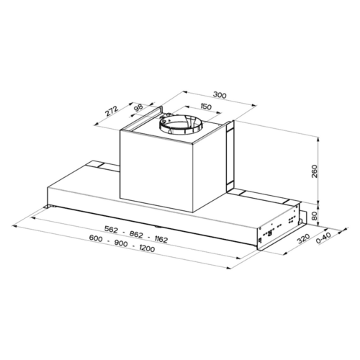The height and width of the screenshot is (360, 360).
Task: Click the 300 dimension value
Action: [220, 95]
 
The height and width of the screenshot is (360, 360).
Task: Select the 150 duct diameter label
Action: [205, 107]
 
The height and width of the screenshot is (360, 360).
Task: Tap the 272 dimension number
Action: [112, 111]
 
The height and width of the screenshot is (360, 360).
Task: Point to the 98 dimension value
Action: [138, 107]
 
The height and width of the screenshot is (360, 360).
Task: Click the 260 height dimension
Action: [314, 171]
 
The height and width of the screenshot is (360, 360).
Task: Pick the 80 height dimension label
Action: [314, 216]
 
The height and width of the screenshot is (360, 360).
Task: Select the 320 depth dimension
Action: [304, 238]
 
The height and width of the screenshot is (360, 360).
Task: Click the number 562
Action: [111, 230]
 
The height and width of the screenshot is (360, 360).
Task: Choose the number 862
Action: [136, 234]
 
